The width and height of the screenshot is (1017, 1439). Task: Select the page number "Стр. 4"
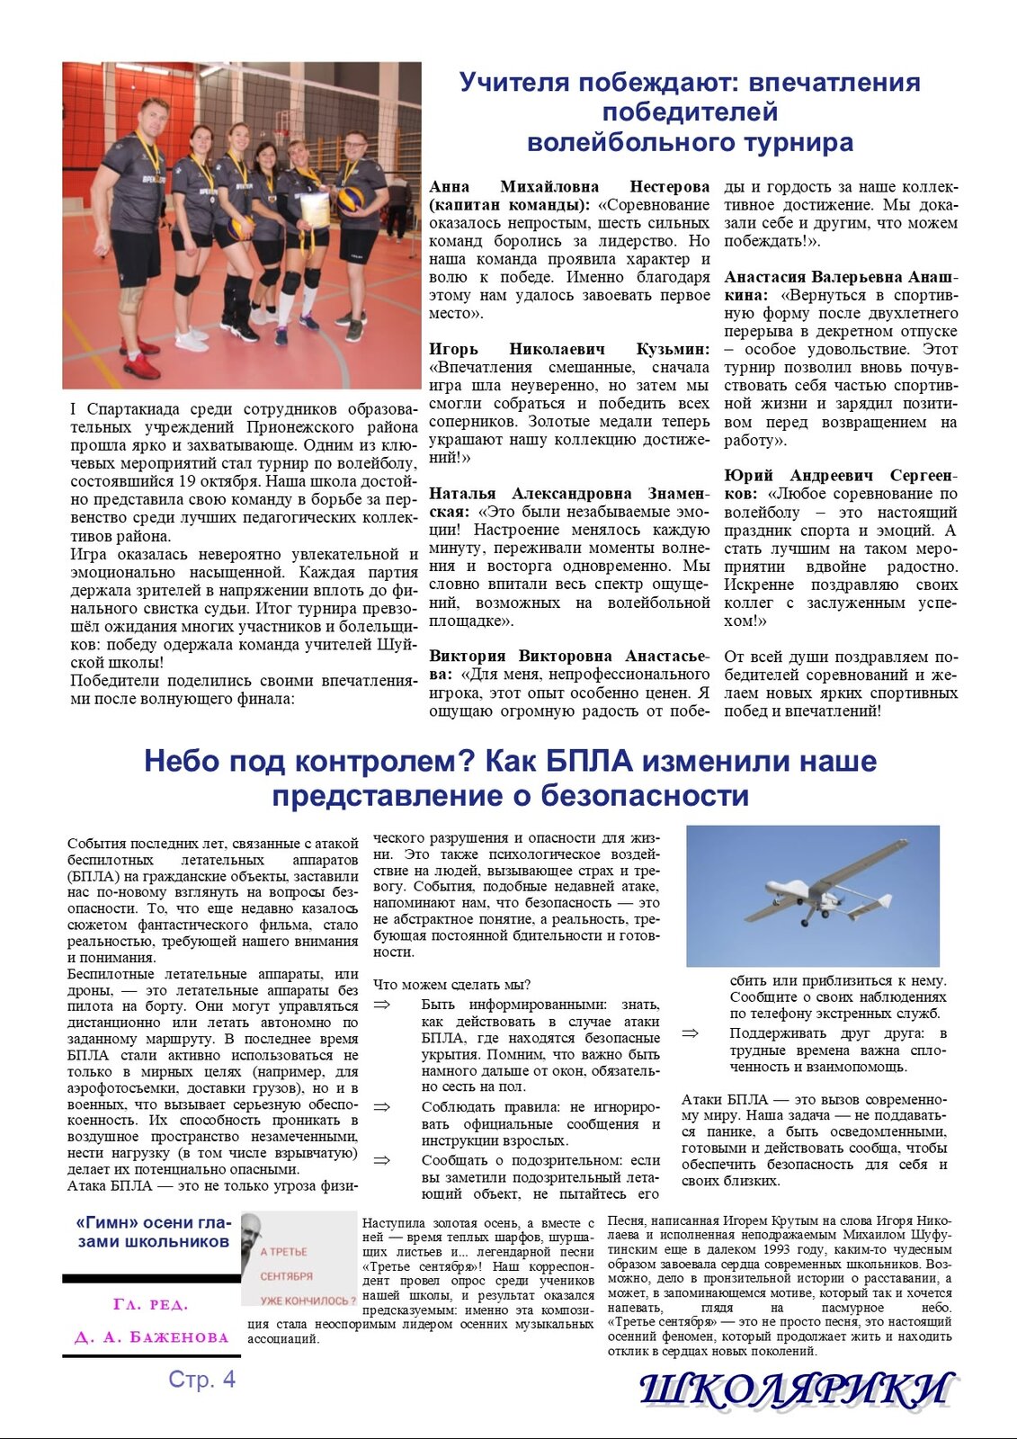click(x=201, y=1379)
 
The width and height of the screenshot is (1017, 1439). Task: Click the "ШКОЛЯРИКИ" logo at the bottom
click(x=796, y=1390)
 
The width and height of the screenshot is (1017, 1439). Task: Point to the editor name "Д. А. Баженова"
click(x=151, y=1337)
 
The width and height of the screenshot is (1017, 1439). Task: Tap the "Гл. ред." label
click(x=151, y=1304)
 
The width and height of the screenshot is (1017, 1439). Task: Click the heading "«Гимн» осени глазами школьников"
click(x=153, y=1232)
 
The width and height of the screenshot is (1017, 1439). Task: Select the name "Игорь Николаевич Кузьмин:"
click(x=568, y=349)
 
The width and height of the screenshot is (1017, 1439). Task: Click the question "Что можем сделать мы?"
click(x=451, y=985)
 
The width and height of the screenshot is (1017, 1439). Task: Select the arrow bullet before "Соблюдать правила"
click(x=382, y=1107)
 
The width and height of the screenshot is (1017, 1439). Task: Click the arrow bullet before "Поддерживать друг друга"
click(x=690, y=1033)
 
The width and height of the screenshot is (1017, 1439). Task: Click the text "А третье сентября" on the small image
click(x=285, y=1264)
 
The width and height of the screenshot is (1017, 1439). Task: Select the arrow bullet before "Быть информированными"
click(x=382, y=1005)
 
